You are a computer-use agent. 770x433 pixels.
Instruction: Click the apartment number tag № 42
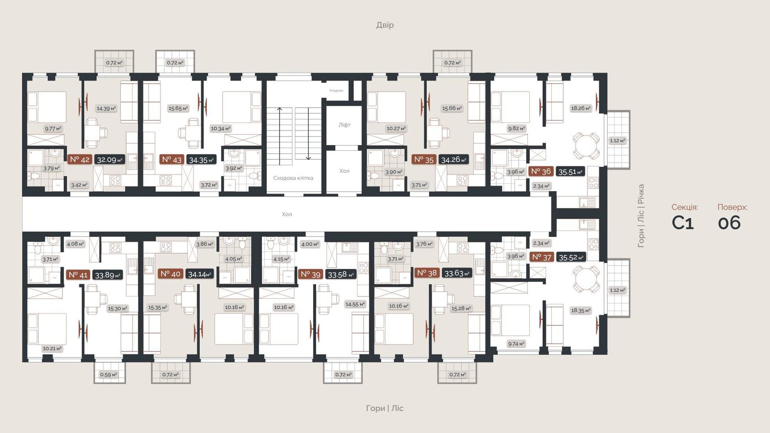click(x=80, y=159)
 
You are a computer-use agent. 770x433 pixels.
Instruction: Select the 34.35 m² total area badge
click(x=201, y=160)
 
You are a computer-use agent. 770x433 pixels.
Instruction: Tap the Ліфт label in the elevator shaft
click(x=344, y=125)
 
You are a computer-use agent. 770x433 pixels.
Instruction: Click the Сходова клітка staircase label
click(x=293, y=178)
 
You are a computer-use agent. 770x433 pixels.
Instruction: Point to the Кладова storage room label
click(x=336, y=90)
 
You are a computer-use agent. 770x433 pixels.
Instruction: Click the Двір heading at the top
click(x=385, y=25)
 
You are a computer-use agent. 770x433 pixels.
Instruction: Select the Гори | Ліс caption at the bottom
click(x=385, y=408)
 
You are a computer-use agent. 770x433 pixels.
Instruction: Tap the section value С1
click(x=682, y=223)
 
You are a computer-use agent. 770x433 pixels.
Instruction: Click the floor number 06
click(x=729, y=223)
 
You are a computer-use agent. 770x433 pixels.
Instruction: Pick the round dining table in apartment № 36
click(x=586, y=145)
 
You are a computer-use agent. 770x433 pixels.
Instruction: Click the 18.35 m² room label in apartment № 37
click(x=580, y=310)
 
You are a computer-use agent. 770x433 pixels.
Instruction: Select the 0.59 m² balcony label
click(x=108, y=374)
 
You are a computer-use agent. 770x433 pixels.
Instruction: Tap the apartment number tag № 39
click(x=310, y=274)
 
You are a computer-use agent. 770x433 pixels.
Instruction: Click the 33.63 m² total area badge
click(x=456, y=274)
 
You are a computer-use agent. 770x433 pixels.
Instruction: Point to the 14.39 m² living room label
click(x=106, y=109)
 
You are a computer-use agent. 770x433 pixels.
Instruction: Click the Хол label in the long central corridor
click(x=286, y=214)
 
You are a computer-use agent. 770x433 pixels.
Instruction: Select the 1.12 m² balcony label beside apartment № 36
click(x=617, y=141)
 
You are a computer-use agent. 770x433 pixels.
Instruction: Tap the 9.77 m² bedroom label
click(x=53, y=129)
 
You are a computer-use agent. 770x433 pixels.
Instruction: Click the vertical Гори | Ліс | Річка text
click(x=641, y=215)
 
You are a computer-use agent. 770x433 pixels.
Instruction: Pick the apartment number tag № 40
click(x=170, y=274)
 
